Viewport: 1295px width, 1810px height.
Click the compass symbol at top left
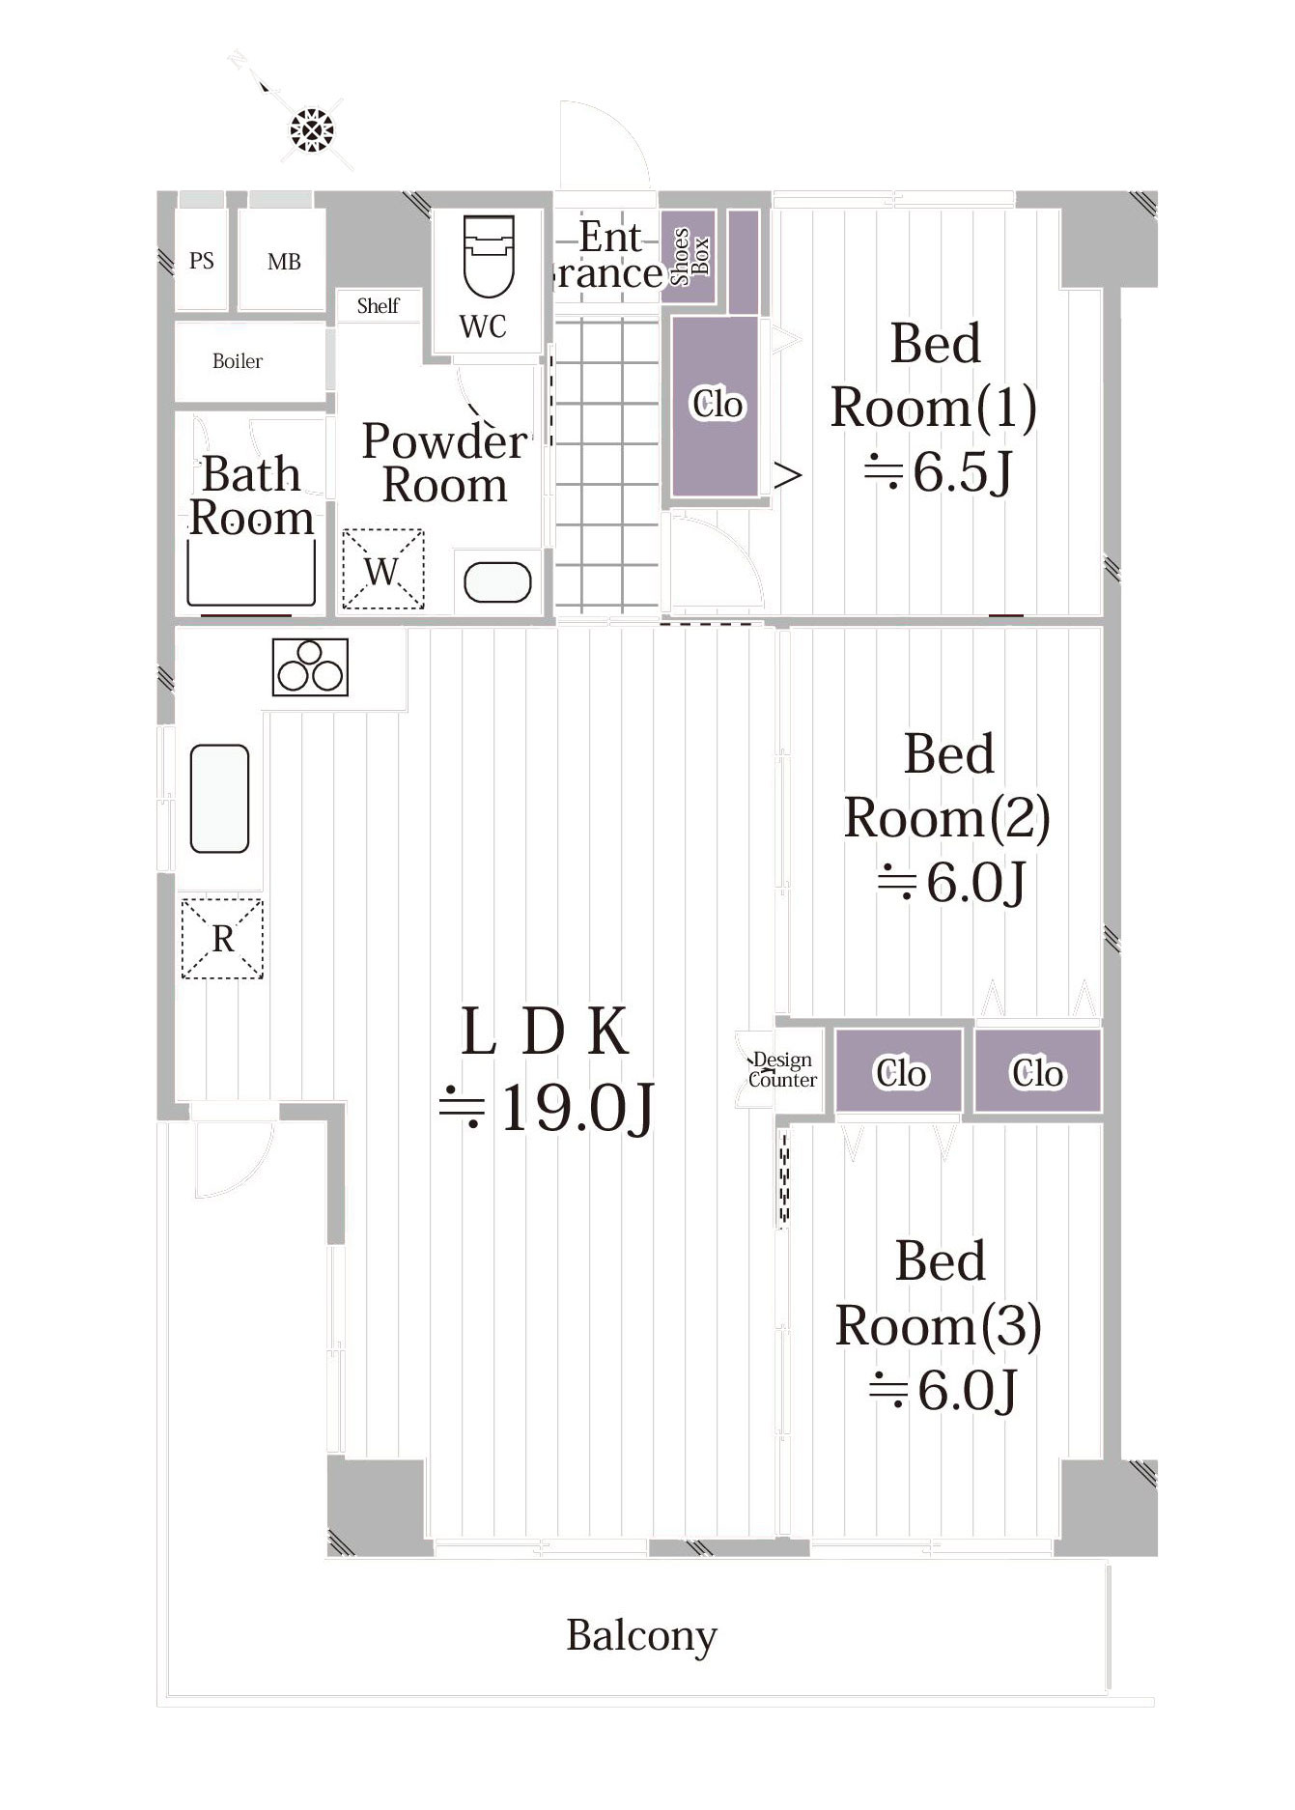[x=311, y=129]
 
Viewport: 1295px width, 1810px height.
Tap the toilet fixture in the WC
[x=489, y=255]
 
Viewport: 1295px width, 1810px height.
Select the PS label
[x=202, y=261]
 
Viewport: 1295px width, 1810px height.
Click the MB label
[x=284, y=262]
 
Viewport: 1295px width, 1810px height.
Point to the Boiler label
[x=238, y=361]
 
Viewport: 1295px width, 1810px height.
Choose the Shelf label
[x=378, y=306]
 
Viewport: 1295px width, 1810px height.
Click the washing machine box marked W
[x=383, y=569]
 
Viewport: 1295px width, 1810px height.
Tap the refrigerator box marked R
[x=222, y=939]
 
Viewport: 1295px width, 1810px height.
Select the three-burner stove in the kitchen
[x=310, y=667]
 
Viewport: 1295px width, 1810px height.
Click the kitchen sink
[x=220, y=799]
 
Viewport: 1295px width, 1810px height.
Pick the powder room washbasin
[x=497, y=582]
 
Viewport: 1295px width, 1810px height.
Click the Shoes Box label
[x=690, y=257]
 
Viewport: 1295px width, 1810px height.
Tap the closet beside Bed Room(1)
[x=716, y=406]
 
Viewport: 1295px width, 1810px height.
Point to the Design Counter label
[x=782, y=1070]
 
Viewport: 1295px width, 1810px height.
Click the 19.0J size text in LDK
[x=548, y=1107]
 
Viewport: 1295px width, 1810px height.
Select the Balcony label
[x=641, y=1636]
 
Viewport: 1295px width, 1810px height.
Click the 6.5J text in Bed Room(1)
[x=938, y=472]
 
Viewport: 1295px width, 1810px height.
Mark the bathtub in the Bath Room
[x=251, y=573]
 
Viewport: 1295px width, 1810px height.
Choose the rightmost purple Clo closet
[x=1037, y=1072]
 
